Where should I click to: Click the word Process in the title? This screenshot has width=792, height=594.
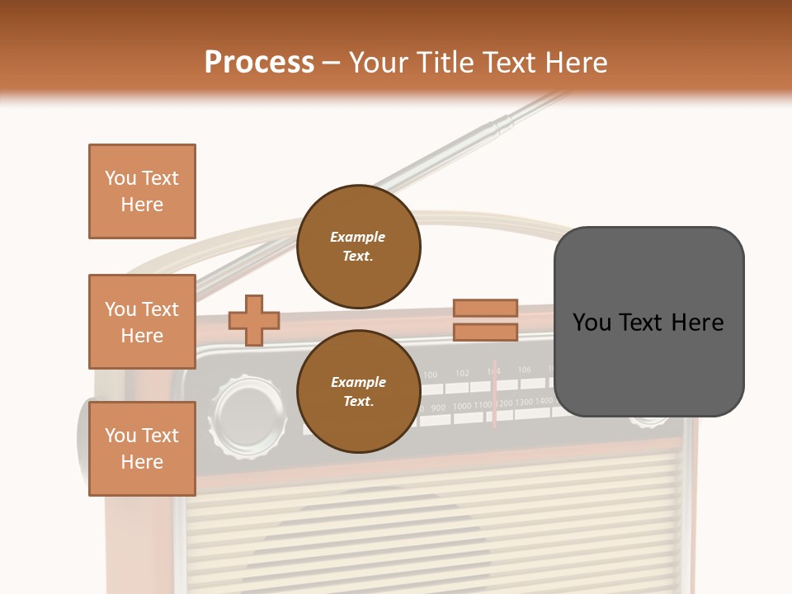point(259,63)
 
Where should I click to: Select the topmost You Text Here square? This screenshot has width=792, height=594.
point(142,191)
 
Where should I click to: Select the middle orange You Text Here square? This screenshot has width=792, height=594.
point(142,322)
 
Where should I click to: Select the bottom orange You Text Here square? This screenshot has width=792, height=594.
point(142,449)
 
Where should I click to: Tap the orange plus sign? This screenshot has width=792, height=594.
point(254,320)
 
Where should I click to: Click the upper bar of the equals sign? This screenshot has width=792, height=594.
point(485,308)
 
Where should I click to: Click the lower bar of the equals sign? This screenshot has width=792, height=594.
point(485,332)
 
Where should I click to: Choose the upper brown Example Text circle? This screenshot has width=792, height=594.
point(359,246)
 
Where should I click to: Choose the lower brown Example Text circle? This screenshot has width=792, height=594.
point(359,391)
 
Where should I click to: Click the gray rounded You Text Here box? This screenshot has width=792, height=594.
point(648,322)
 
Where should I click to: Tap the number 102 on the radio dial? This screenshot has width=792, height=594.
point(462,373)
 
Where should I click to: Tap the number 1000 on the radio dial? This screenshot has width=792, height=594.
point(462,406)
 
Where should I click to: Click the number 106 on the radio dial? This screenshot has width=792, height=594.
point(526,370)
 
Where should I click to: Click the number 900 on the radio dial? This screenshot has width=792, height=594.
point(438,408)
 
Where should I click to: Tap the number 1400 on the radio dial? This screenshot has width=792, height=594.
point(544,401)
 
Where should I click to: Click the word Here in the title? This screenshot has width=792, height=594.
point(576,63)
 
